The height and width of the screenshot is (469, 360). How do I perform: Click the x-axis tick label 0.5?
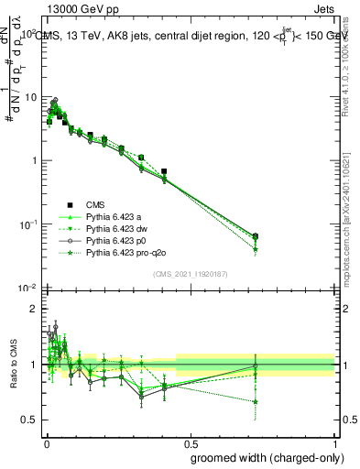click(191, 442)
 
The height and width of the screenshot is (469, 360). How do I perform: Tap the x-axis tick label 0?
click(46, 442)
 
